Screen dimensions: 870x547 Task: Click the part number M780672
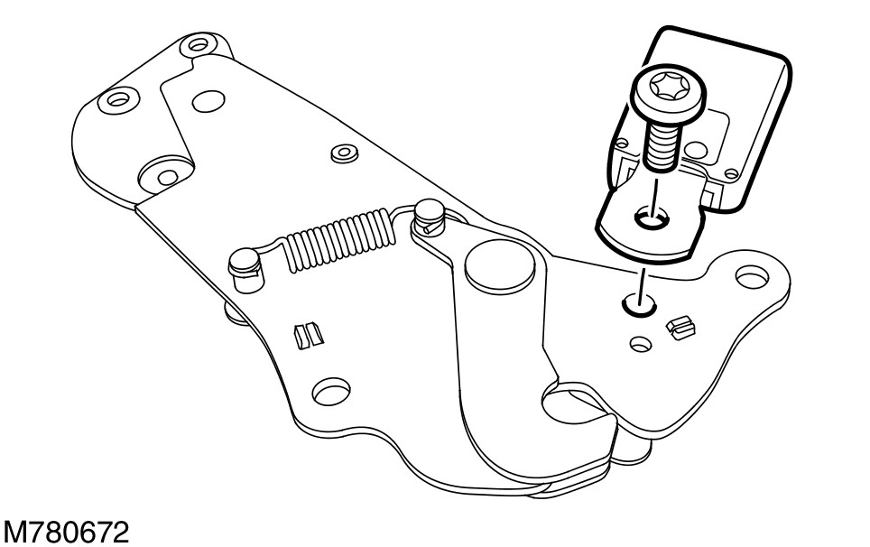pos(64,530)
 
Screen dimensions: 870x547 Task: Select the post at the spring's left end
pos(244,264)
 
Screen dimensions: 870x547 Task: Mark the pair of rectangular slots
pos(307,335)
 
